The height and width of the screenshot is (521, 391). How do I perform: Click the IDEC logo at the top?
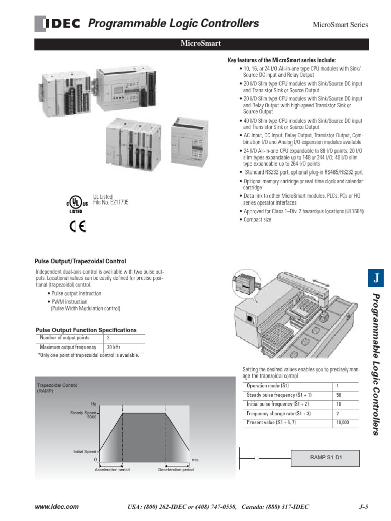click(x=57, y=24)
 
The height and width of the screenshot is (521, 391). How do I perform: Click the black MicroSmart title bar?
click(x=201, y=44)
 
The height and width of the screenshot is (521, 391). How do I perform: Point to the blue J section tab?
click(x=376, y=278)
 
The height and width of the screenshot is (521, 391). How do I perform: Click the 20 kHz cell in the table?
click(x=113, y=348)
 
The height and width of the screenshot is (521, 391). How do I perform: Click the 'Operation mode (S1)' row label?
click(x=267, y=386)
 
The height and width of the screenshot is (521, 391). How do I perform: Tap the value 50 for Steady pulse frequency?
click(x=339, y=395)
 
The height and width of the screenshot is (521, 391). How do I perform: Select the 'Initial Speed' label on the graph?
click(x=84, y=451)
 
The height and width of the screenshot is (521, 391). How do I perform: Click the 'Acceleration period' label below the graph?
click(x=112, y=470)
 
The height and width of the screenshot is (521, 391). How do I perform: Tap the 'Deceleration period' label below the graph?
click(x=176, y=470)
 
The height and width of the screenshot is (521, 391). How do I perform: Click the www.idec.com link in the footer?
click(x=57, y=507)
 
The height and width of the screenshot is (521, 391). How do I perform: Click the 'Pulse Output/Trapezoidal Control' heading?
click(x=80, y=261)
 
